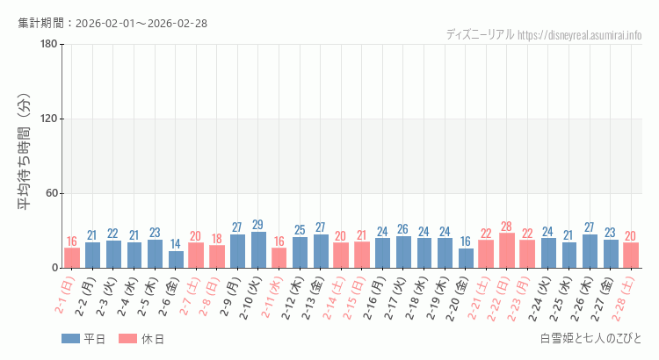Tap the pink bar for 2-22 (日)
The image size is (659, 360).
507,250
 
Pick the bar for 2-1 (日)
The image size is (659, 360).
72,258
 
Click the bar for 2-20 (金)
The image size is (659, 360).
466,258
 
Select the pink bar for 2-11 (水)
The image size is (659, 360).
279,258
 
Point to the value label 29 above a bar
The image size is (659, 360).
258,225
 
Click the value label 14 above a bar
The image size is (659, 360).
176,244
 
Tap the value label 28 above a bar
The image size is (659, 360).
507,227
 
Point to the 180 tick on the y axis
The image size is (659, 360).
48,45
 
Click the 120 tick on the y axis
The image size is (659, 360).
48,119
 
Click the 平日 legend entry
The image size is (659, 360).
84,339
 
